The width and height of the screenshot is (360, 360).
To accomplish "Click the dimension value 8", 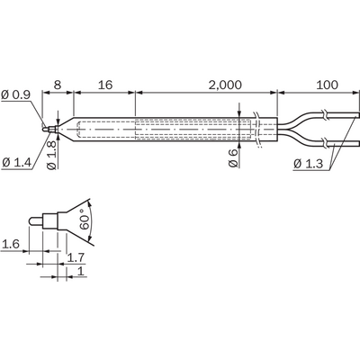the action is (57, 85).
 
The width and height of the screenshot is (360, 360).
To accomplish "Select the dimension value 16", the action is (105, 85).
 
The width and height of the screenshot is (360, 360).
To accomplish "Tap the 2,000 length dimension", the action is (225, 85).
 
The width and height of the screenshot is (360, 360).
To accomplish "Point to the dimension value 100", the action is (327, 85).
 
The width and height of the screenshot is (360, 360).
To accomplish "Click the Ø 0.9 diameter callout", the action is (16, 94).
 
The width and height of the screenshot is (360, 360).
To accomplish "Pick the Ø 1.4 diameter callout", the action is (16, 163).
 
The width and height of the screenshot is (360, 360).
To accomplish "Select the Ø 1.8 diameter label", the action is (52, 155).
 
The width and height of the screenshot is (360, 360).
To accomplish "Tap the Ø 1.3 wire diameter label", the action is (308, 164).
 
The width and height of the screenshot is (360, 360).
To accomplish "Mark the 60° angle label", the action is (85, 221).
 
